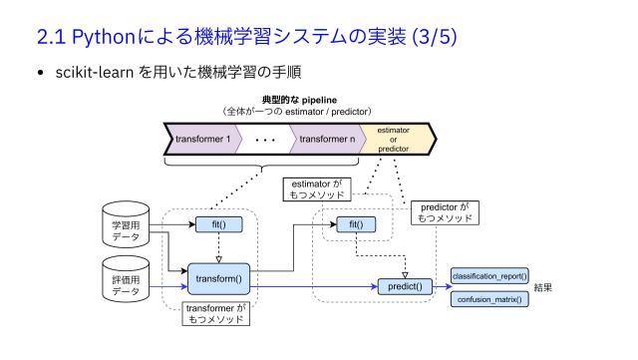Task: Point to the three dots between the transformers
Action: coord(265,141)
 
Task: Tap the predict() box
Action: coord(405,287)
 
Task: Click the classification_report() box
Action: coord(489,275)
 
